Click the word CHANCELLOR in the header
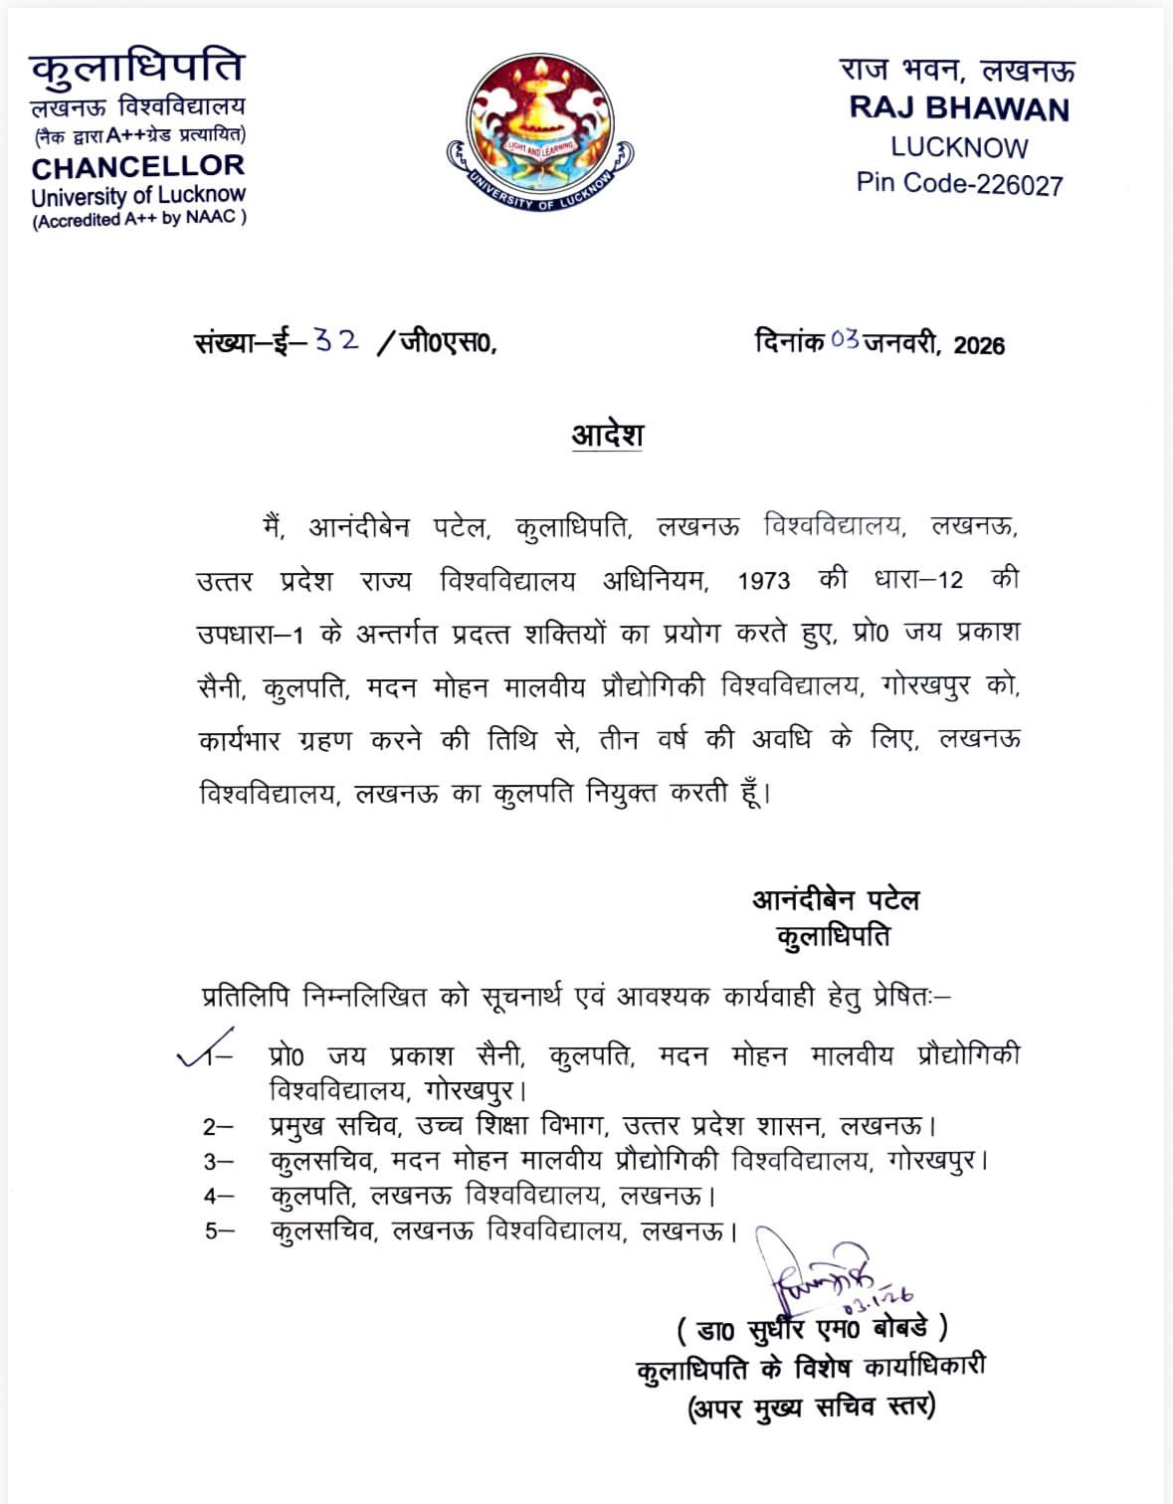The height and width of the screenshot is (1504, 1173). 137,166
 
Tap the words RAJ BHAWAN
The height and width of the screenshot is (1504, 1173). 958,108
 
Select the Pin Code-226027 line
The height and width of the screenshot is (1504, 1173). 959,184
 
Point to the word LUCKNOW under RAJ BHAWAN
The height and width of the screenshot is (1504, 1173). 958,147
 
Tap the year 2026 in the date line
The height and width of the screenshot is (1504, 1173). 979,345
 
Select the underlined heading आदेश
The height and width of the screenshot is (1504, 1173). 607,435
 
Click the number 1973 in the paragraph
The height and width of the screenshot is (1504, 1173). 763,581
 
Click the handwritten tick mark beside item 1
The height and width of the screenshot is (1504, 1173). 204,1047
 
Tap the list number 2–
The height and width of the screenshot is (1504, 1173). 218,1127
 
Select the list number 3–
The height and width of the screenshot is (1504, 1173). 218,1161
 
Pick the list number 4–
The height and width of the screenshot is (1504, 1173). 218,1196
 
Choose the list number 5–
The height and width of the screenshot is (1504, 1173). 219,1230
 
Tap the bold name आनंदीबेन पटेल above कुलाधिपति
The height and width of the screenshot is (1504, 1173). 835,900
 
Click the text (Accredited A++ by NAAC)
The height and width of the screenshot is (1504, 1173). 139,219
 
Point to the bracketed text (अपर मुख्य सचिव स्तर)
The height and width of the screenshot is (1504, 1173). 811,1408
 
